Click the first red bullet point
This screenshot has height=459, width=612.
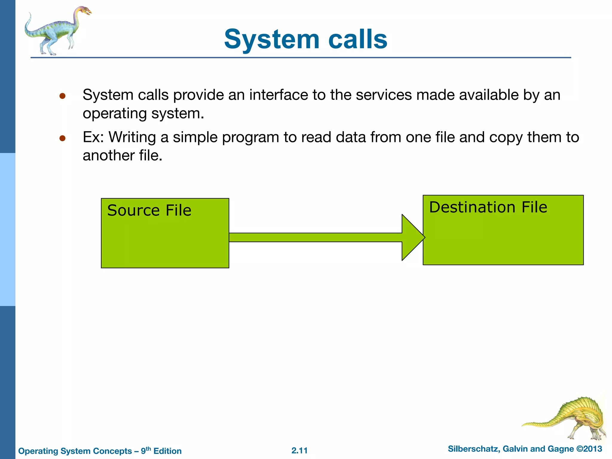[x=62, y=96]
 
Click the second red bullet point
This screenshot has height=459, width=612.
[x=62, y=138]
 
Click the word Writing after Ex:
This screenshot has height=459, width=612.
[x=132, y=137]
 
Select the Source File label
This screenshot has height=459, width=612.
[x=149, y=210]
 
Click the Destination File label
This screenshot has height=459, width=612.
[x=488, y=207]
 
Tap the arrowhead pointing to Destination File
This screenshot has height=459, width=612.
[x=413, y=238]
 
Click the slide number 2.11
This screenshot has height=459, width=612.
[x=299, y=451]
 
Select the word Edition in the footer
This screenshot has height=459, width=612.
[x=167, y=451]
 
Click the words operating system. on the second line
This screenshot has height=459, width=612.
[x=143, y=114]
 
